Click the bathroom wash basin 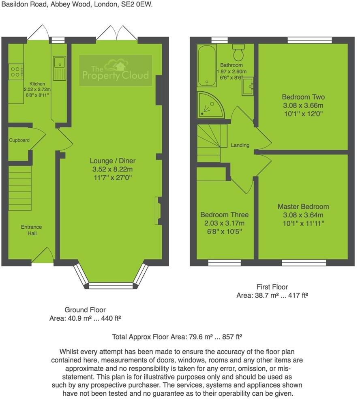248,86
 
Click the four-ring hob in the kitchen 15,72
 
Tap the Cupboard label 19,140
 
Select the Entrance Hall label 32,230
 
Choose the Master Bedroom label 303,206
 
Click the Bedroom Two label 303,97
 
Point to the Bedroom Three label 225,215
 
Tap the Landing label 240,145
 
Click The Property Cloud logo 116,71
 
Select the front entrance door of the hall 43,256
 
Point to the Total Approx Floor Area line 177,337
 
